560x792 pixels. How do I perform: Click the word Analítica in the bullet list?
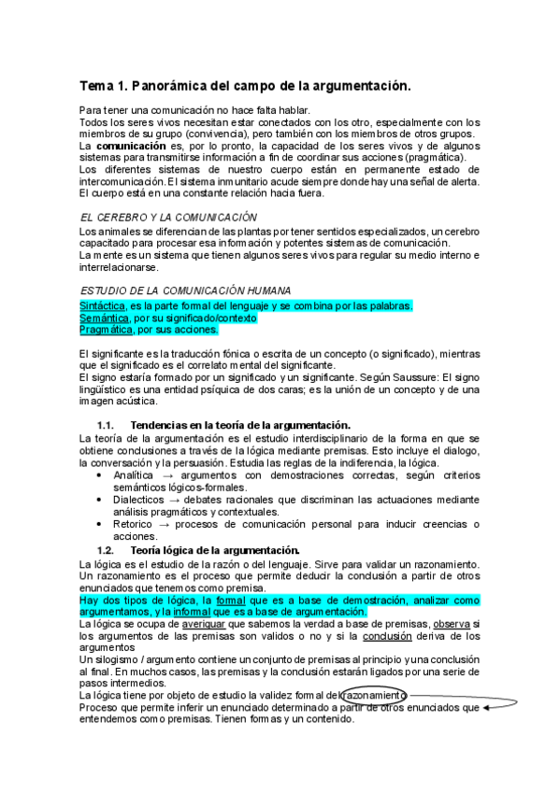tap(132, 475)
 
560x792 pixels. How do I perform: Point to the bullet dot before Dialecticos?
tap(100, 500)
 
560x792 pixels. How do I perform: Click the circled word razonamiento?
tap(375, 696)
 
